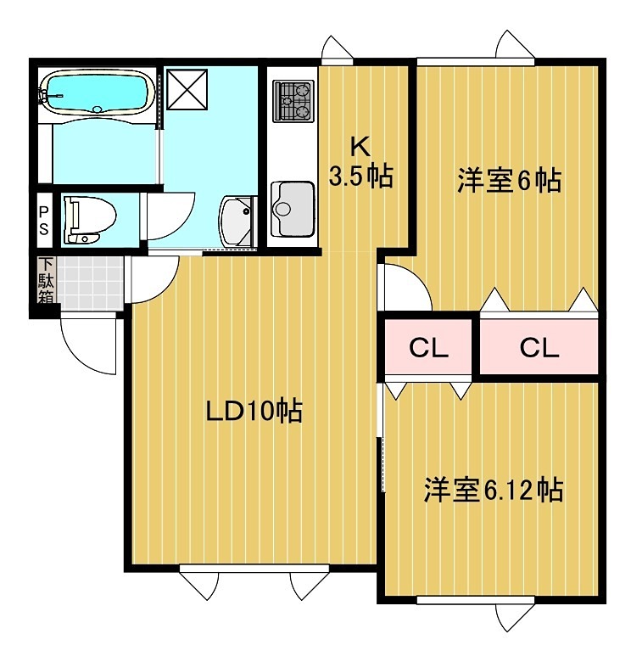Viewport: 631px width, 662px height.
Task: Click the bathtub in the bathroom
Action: point(96,93)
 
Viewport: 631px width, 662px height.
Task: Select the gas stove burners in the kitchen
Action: point(293,100)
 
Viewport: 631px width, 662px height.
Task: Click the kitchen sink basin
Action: point(291,204)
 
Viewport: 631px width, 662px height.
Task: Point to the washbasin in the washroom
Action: point(237,219)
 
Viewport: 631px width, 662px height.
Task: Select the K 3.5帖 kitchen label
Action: point(360,162)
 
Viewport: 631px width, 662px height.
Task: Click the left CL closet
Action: point(428,347)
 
